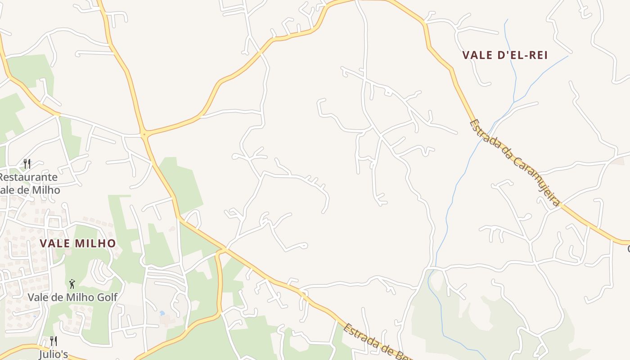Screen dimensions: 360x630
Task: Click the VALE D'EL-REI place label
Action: [505, 55]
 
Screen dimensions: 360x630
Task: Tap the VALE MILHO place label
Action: [78, 243]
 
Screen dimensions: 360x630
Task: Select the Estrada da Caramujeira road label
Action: [515, 163]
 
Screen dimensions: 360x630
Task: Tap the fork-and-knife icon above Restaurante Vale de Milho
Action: [27, 163]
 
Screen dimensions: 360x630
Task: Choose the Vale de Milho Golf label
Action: [72, 297]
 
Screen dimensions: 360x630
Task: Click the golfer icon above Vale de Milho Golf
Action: [72, 284]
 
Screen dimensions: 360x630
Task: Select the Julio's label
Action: [53, 354]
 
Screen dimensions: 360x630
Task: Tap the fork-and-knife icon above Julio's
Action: [53, 341]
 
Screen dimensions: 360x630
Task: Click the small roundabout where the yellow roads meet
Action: [144, 134]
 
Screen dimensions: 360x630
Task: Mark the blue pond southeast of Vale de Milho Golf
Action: [162, 313]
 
